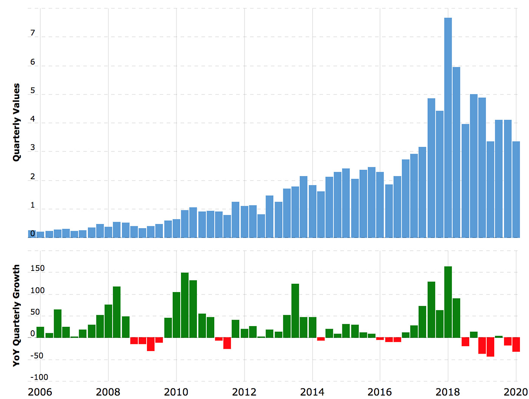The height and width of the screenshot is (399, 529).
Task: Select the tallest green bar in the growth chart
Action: [x=448, y=302]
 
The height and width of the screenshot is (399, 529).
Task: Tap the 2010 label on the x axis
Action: [x=176, y=392]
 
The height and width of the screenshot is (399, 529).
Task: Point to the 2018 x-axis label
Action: [x=448, y=392]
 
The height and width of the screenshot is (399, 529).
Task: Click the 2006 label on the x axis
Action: [x=40, y=392]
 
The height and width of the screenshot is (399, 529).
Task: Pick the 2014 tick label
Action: [x=312, y=392]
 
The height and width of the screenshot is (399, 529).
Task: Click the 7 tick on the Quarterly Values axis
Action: [x=32, y=33]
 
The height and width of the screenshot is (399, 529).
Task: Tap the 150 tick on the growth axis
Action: [x=37, y=269]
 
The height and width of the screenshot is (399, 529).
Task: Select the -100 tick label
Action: [x=39, y=377]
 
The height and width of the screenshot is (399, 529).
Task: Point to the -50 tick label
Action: [x=37, y=356]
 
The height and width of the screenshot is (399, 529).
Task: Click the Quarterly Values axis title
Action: [x=16, y=122]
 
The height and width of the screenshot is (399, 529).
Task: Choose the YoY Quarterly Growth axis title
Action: [x=16, y=315]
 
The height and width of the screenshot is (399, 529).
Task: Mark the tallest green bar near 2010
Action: [x=185, y=305]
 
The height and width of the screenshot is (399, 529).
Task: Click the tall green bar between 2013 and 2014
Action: [x=295, y=311]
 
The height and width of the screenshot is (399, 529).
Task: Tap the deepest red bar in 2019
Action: [x=490, y=347]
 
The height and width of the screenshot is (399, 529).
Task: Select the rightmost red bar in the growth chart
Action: [x=516, y=345]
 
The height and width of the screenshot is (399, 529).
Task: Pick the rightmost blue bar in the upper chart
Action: [x=516, y=189]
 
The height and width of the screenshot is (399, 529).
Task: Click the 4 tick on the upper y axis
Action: [x=32, y=119]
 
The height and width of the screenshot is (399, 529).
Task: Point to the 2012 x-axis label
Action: [x=244, y=392]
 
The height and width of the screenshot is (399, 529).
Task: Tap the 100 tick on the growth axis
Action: [x=37, y=291]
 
